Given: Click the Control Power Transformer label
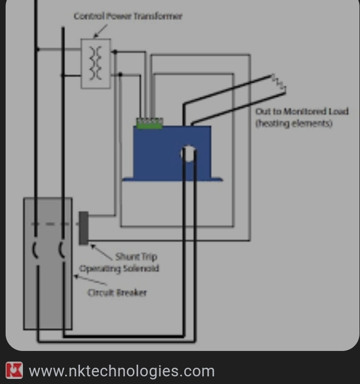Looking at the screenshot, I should pos(128,16).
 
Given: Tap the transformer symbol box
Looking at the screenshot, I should pos(96,63).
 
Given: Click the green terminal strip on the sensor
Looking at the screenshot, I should pos(149,122).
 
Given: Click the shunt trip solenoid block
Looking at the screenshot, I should pos(84,228).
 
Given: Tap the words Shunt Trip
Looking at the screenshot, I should pos(136,256).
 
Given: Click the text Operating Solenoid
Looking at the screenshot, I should pos(119,268).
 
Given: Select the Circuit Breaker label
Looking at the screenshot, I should pos(117,292).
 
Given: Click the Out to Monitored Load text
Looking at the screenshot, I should pos(302,111).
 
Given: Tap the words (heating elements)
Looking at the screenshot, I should pos(294,123).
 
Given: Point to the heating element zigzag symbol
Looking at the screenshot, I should pos(279,83).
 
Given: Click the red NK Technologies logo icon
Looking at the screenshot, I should pos(14,370).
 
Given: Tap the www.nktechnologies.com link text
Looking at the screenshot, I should pos(122,371).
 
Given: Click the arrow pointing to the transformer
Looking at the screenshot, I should pos(100,31).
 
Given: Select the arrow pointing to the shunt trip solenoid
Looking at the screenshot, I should pos(102,252).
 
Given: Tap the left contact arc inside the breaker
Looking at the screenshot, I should pos(35,250).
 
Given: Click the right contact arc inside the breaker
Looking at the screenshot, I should pos(61,250).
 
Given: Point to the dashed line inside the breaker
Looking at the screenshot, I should pos(48,224).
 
